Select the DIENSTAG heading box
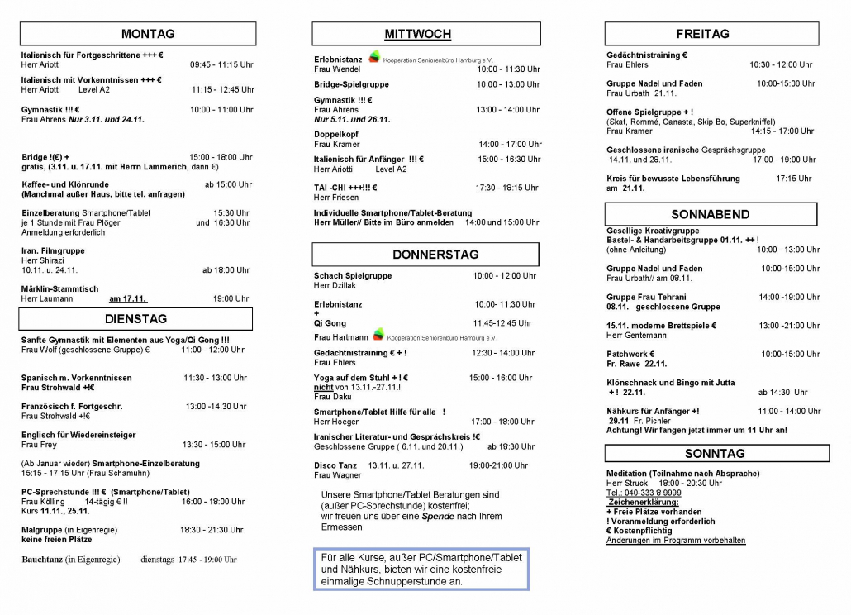point(136,319)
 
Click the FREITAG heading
point(702,34)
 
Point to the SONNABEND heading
point(711,214)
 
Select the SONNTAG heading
point(716,453)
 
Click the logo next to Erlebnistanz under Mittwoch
point(375,57)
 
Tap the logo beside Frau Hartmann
point(378,335)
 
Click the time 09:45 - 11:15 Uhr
point(221,64)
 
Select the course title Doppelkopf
point(335,133)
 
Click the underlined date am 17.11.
point(128,298)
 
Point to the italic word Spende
point(438,516)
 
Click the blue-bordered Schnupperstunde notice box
point(421,570)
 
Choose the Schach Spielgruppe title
point(353,276)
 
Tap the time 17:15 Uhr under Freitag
point(793,179)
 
